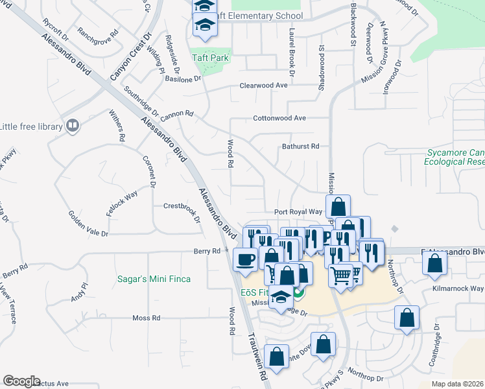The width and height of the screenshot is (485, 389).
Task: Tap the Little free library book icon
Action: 73,126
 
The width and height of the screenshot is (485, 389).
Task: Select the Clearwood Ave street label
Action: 263,86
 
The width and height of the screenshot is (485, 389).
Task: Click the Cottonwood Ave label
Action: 279,119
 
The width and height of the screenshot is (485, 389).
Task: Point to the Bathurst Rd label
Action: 301,147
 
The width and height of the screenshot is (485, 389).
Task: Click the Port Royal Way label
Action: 298,212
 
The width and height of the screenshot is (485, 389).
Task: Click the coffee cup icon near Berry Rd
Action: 244,260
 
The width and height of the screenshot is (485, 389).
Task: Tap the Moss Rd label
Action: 146,318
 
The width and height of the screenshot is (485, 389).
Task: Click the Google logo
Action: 21,381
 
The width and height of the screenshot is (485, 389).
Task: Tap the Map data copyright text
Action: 457,384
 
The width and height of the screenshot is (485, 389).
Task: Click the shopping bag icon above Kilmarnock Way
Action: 434,263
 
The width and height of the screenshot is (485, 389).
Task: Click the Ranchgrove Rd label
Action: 98,31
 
